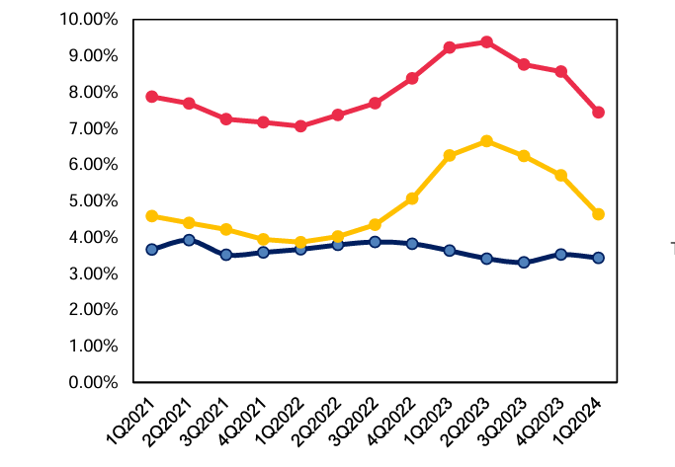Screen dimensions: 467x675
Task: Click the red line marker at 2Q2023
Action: pyautogui.click(x=486, y=41)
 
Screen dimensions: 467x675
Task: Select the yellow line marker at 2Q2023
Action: pyautogui.click(x=486, y=141)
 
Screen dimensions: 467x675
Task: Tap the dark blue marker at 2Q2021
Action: pyautogui.click(x=189, y=239)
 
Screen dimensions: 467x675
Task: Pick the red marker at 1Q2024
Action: pyautogui.click(x=598, y=113)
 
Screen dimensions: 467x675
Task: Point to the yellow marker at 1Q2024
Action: pyautogui.click(x=598, y=214)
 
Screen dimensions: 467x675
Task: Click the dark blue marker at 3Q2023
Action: pyautogui.click(x=524, y=263)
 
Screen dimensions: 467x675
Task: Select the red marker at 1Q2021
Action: pyautogui.click(x=152, y=97)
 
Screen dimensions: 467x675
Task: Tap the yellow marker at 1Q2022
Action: pyautogui.click(x=300, y=242)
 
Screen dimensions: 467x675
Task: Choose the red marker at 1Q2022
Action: pyautogui.click(x=300, y=126)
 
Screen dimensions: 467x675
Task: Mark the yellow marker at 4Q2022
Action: pyautogui.click(x=412, y=198)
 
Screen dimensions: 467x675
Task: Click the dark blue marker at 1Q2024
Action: pyautogui.click(x=598, y=258)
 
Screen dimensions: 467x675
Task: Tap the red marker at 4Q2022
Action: pyautogui.click(x=412, y=78)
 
